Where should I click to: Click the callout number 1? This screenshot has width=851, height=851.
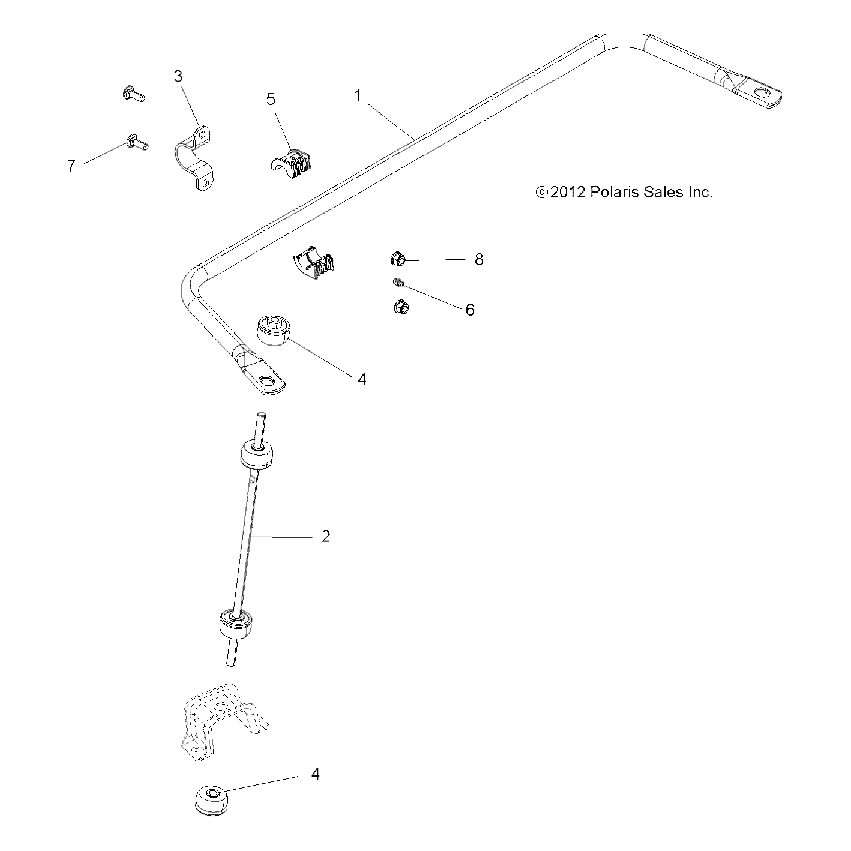coord(358,95)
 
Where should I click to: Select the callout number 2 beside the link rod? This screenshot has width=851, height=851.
coord(326,536)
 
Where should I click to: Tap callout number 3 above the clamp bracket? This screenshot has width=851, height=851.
coord(178,76)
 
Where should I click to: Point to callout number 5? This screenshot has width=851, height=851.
coord(271,99)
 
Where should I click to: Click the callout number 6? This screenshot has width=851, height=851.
coord(470,310)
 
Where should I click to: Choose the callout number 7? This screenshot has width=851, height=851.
coord(71,166)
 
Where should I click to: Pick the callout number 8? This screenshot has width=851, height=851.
coord(479,260)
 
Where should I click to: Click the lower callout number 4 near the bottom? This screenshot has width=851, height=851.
coord(315,774)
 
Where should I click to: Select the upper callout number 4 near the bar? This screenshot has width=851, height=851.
coord(362,380)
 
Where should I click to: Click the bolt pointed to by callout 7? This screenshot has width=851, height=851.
coord(137,143)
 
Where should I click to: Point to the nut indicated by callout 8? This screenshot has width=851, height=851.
coord(397,260)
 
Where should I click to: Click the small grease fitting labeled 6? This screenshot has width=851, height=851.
coord(398,282)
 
